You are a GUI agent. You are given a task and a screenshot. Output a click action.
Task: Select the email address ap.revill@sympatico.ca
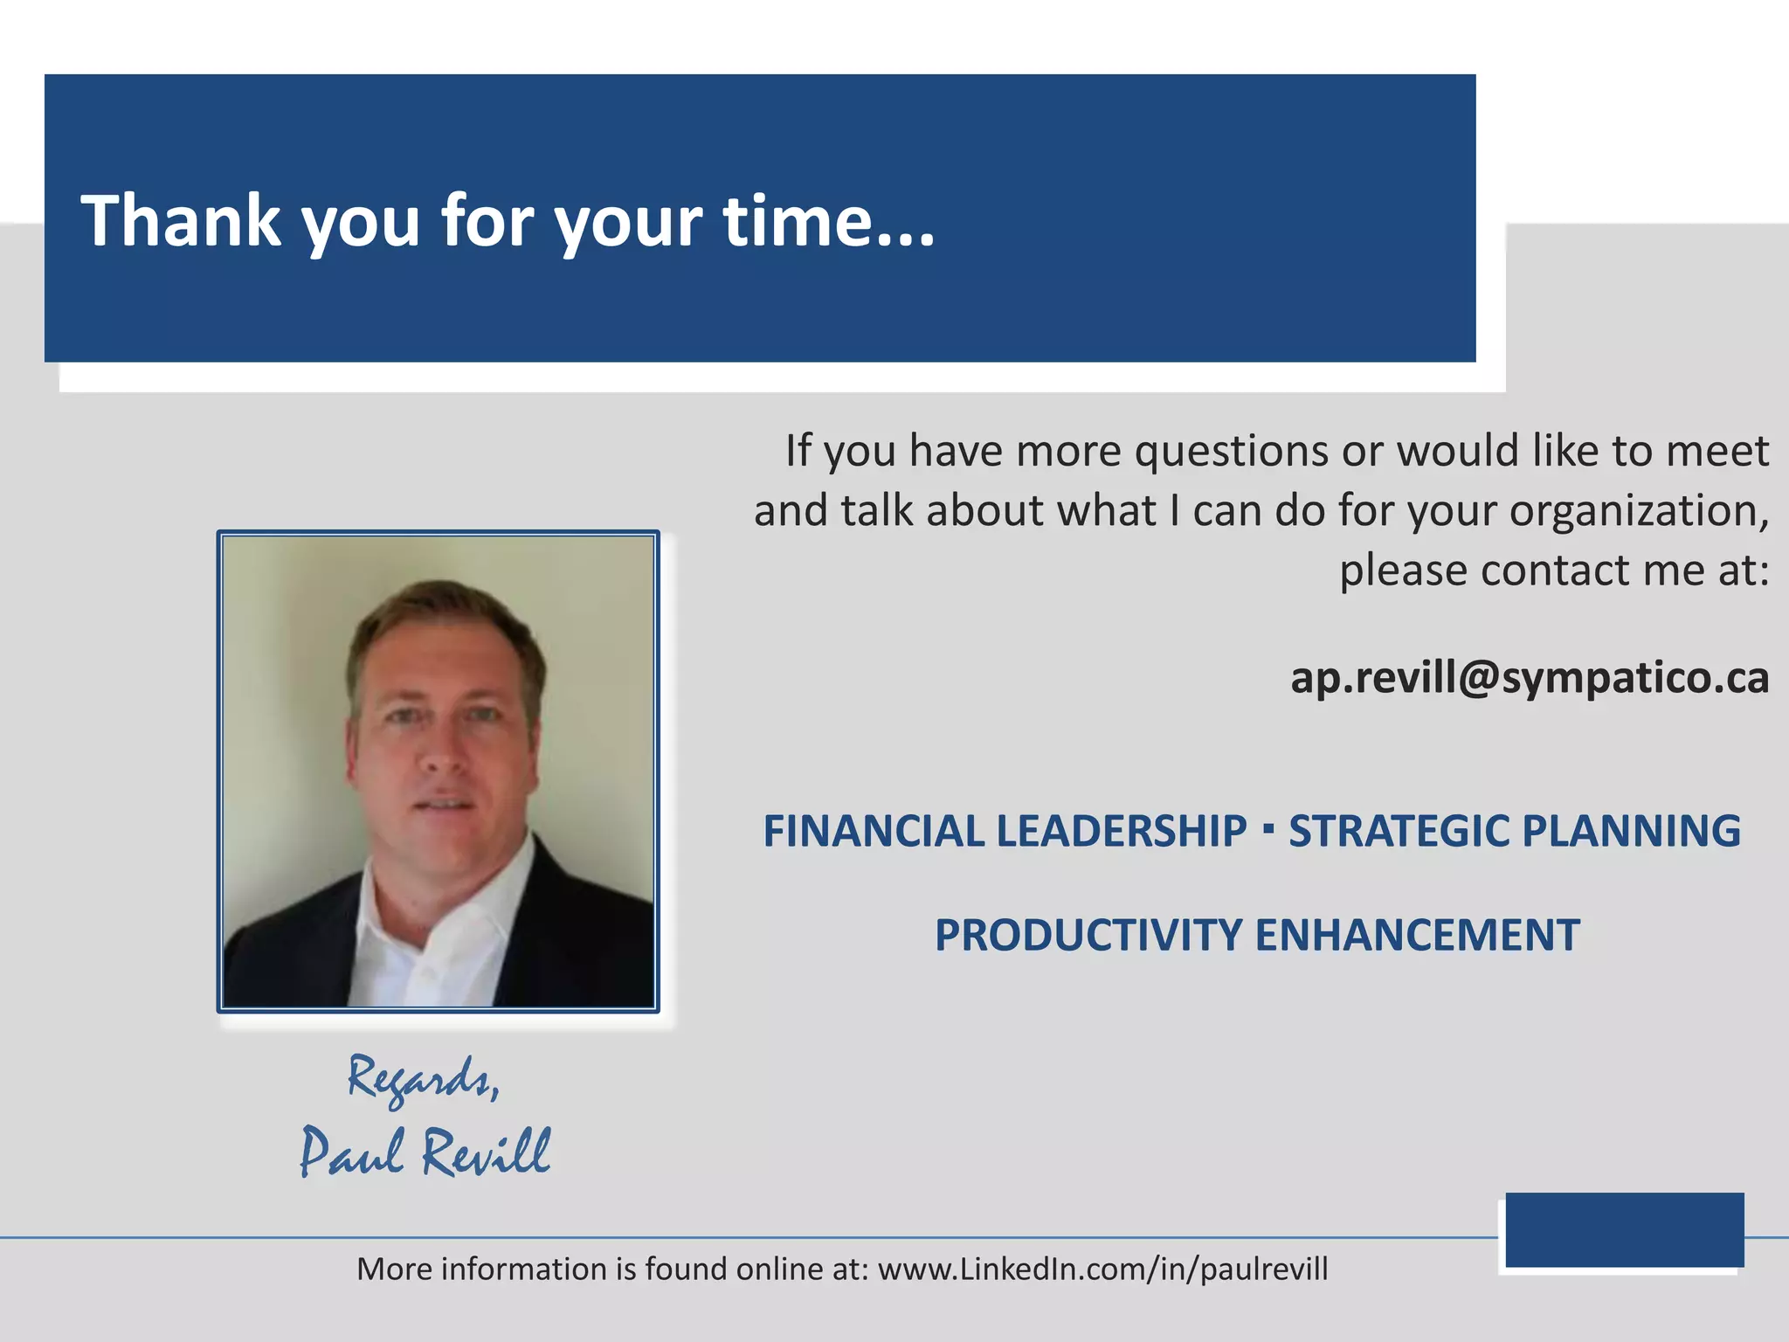point(1530,677)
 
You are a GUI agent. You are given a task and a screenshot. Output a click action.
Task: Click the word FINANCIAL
point(874,831)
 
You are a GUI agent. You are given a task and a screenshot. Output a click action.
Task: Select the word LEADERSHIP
point(1122,831)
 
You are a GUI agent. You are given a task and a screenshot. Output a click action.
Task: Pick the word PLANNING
point(1633,831)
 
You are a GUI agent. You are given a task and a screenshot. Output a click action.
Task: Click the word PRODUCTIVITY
point(1088,936)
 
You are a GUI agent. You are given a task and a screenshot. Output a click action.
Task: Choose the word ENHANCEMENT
point(1417,936)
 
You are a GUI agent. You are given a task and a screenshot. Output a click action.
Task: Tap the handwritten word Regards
point(423,1079)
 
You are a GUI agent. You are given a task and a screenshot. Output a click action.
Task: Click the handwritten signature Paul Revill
point(425,1152)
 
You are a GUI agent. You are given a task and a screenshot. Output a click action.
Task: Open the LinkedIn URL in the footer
point(1102,1269)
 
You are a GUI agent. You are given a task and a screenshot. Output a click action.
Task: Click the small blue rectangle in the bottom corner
point(1624,1229)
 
